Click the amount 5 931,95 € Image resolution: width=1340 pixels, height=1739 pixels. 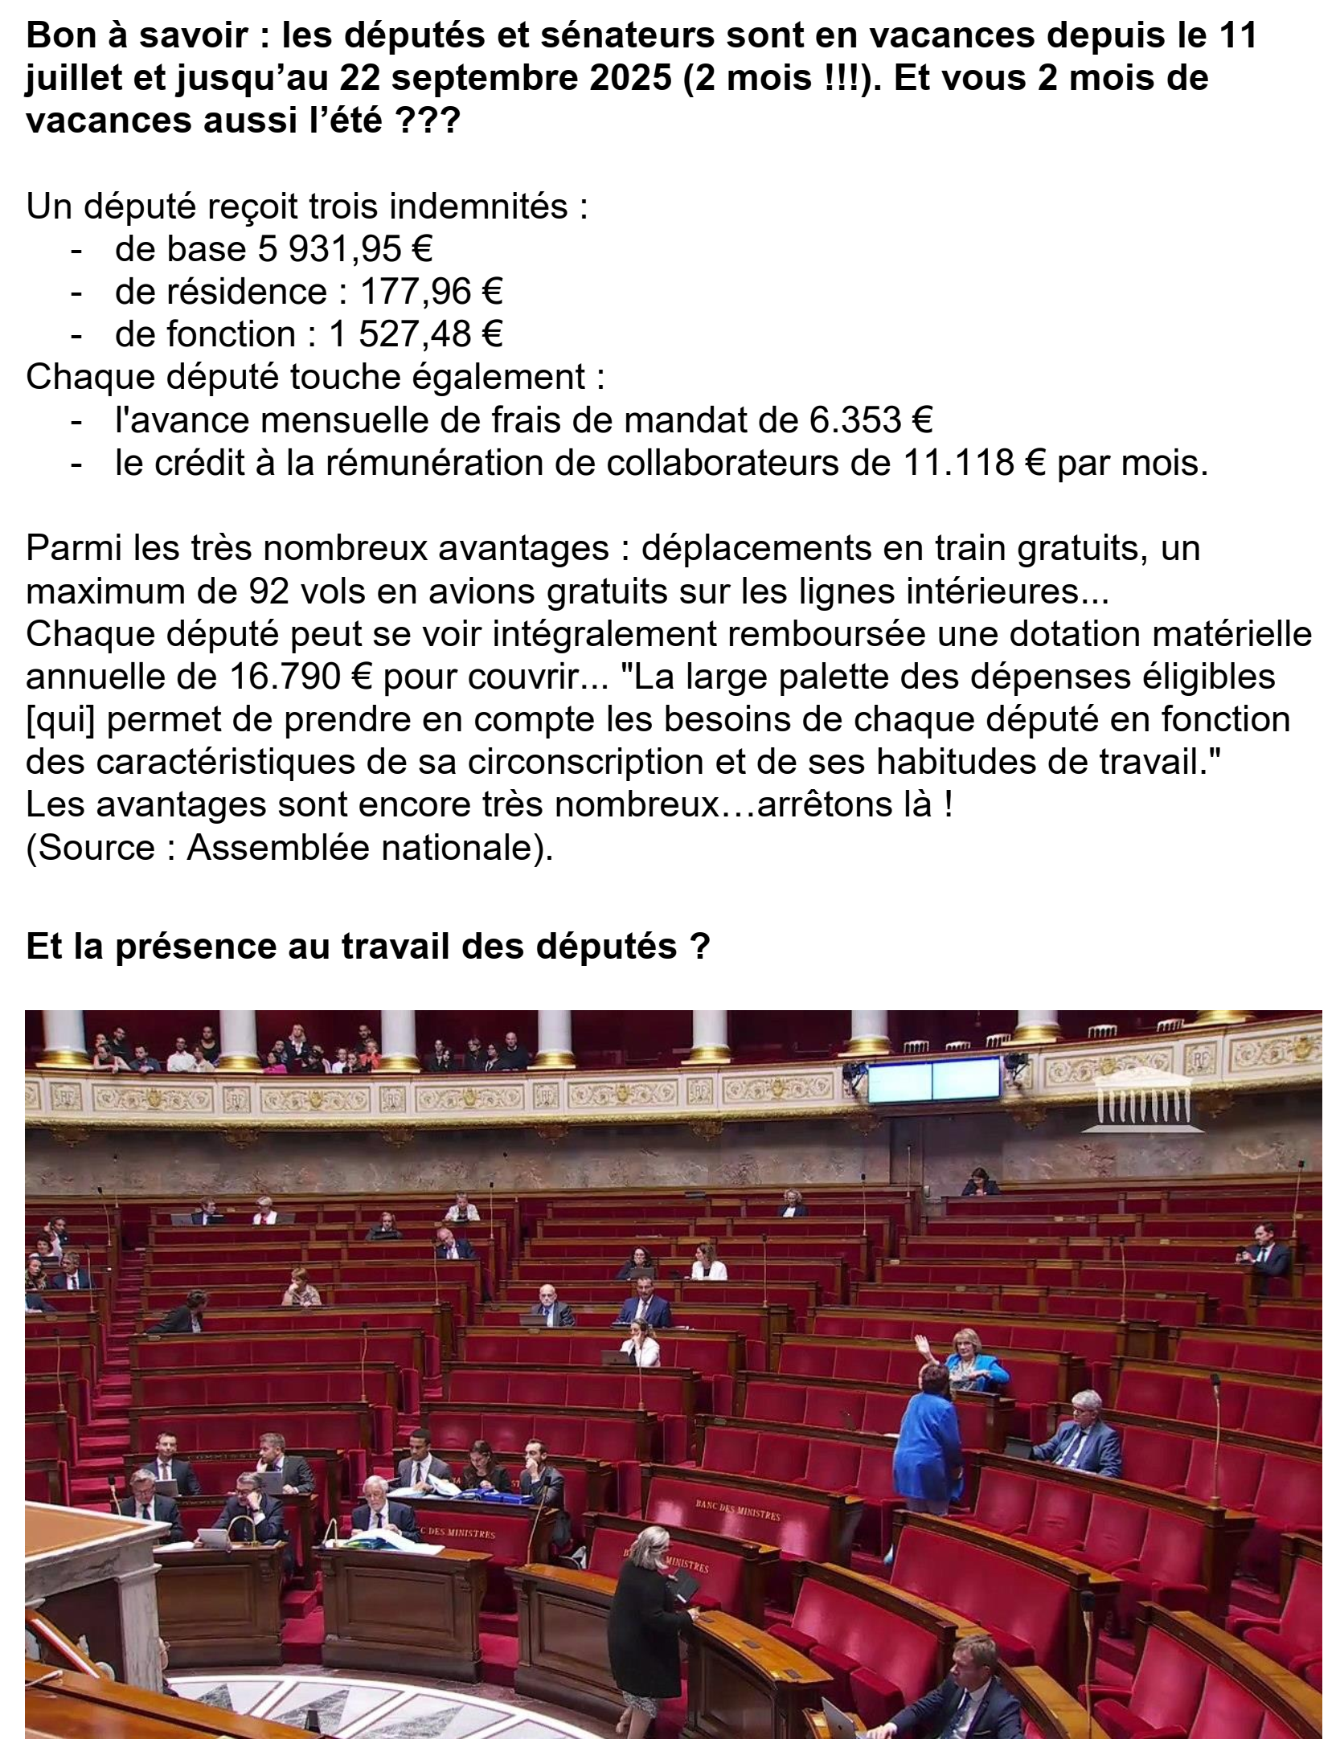tap(344, 249)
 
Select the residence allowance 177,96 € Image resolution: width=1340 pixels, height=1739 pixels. tap(430, 292)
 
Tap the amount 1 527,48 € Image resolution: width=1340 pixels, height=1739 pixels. tap(415, 334)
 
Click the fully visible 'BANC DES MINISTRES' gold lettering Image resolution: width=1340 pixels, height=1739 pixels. tap(738, 1509)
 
